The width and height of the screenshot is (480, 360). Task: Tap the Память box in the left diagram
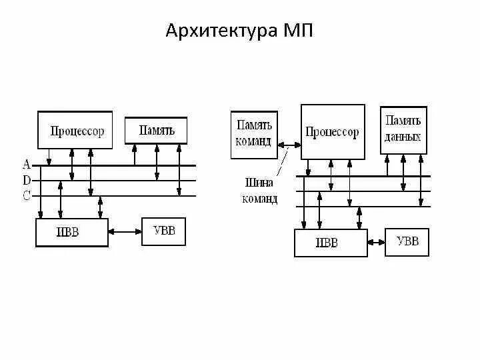click(x=157, y=130)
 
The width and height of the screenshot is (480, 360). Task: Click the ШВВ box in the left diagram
click(x=71, y=233)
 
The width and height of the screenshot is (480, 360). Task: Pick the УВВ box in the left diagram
click(x=163, y=231)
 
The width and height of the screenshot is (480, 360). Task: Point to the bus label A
click(x=27, y=164)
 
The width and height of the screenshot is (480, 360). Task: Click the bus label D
click(x=27, y=180)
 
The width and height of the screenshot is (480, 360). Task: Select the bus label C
click(x=27, y=195)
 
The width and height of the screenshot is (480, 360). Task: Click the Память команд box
click(x=254, y=135)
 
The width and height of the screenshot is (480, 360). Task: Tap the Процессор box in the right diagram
click(x=332, y=132)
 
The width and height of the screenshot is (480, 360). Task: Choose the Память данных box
click(x=403, y=129)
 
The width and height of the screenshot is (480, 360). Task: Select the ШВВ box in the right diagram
click(x=330, y=243)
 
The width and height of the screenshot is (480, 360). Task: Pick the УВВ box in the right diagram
click(x=407, y=241)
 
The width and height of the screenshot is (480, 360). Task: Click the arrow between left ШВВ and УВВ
click(x=125, y=232)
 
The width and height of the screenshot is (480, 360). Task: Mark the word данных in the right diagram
click(x=403, y=137)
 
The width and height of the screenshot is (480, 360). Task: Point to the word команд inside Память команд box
click(x=254, y=141)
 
